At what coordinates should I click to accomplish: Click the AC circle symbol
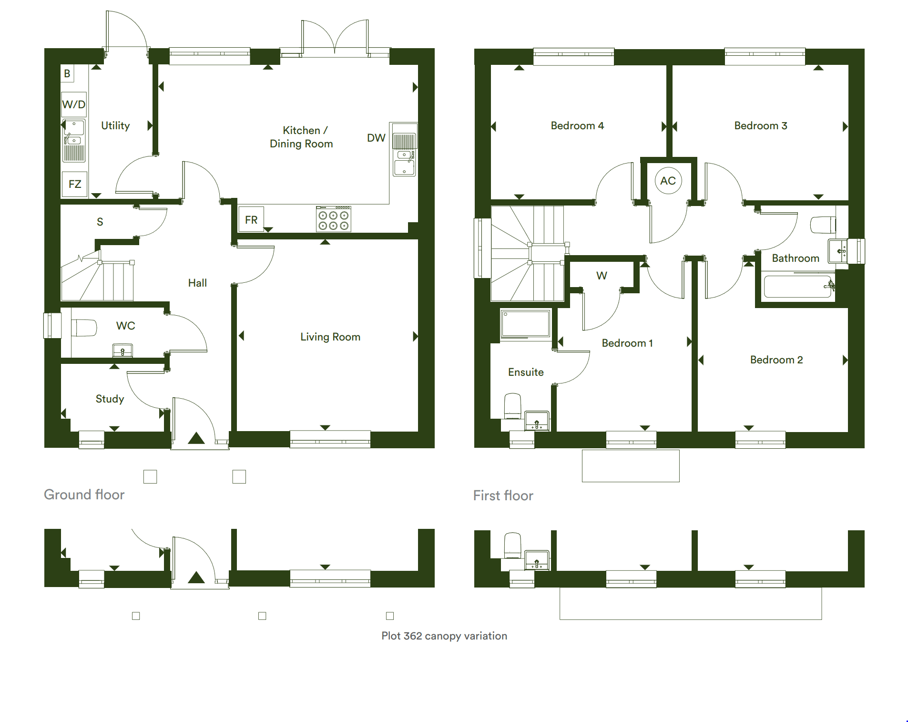pos(668,181)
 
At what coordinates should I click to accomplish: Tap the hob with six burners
pos(334,219)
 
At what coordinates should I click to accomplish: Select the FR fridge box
pos(251,219)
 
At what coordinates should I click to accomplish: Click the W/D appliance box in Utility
pos(74,104)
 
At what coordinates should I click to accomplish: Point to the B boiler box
pos(67,73)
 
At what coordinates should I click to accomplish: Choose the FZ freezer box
pos(75,184)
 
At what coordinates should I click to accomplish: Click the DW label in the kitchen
pos(376,138)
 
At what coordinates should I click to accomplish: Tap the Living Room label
pos(330,337)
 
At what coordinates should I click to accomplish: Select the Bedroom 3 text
pos(761,125)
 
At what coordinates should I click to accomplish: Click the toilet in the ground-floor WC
pos(84,328)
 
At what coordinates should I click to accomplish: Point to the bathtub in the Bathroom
pos(797,287)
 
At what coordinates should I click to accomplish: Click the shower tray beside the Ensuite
pos(526,324)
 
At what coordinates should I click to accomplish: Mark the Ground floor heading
pos(84,495)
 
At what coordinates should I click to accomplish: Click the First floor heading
pos(503,495)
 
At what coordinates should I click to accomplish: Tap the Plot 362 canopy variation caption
pos(444,636)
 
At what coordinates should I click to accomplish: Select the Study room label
pos(110,399)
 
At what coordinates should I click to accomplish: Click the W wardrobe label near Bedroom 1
pos(602,276)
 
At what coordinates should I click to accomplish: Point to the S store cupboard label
pos(100,222)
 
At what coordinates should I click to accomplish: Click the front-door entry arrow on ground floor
pos(196,438)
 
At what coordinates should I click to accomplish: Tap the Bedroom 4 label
pos(577,125)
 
